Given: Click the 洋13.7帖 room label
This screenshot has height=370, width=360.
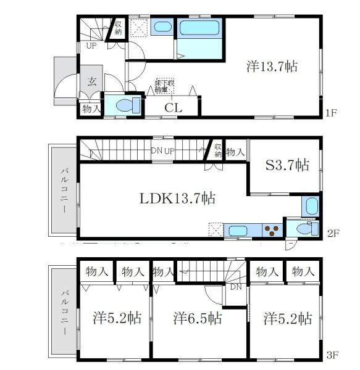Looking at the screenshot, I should (x=272, y=65).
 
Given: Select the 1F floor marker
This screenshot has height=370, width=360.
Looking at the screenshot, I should (x=331, y=113).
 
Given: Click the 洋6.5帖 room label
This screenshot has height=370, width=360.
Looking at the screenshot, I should (x=197, y=319).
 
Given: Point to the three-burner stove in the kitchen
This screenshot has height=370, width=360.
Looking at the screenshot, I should (x=272, y=231).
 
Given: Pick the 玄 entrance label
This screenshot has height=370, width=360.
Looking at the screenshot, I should (x=91, y=81).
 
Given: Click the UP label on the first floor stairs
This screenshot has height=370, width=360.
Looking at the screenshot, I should (x=91, y=46).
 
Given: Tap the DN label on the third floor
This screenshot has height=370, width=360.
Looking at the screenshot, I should (x=235, y=287).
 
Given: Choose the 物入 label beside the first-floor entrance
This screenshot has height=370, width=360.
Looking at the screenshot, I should (x=91, y=109).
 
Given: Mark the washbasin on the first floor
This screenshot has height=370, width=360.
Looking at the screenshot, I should (x=162, y=27).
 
